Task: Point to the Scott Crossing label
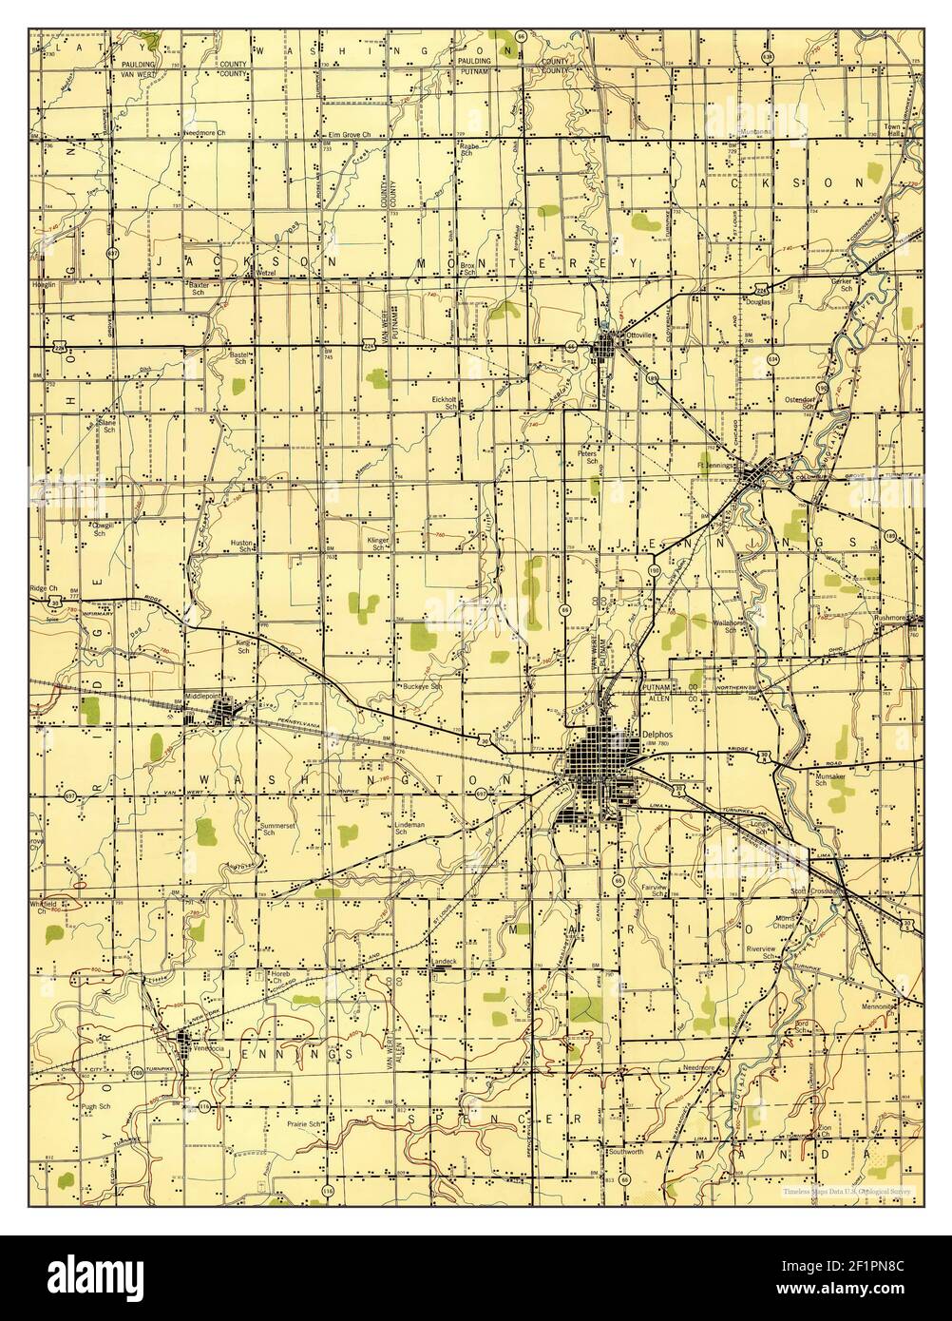[816, 891]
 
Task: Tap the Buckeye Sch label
[424, 686]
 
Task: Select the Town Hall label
[888, 131]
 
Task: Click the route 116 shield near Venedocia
[204, 1106]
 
